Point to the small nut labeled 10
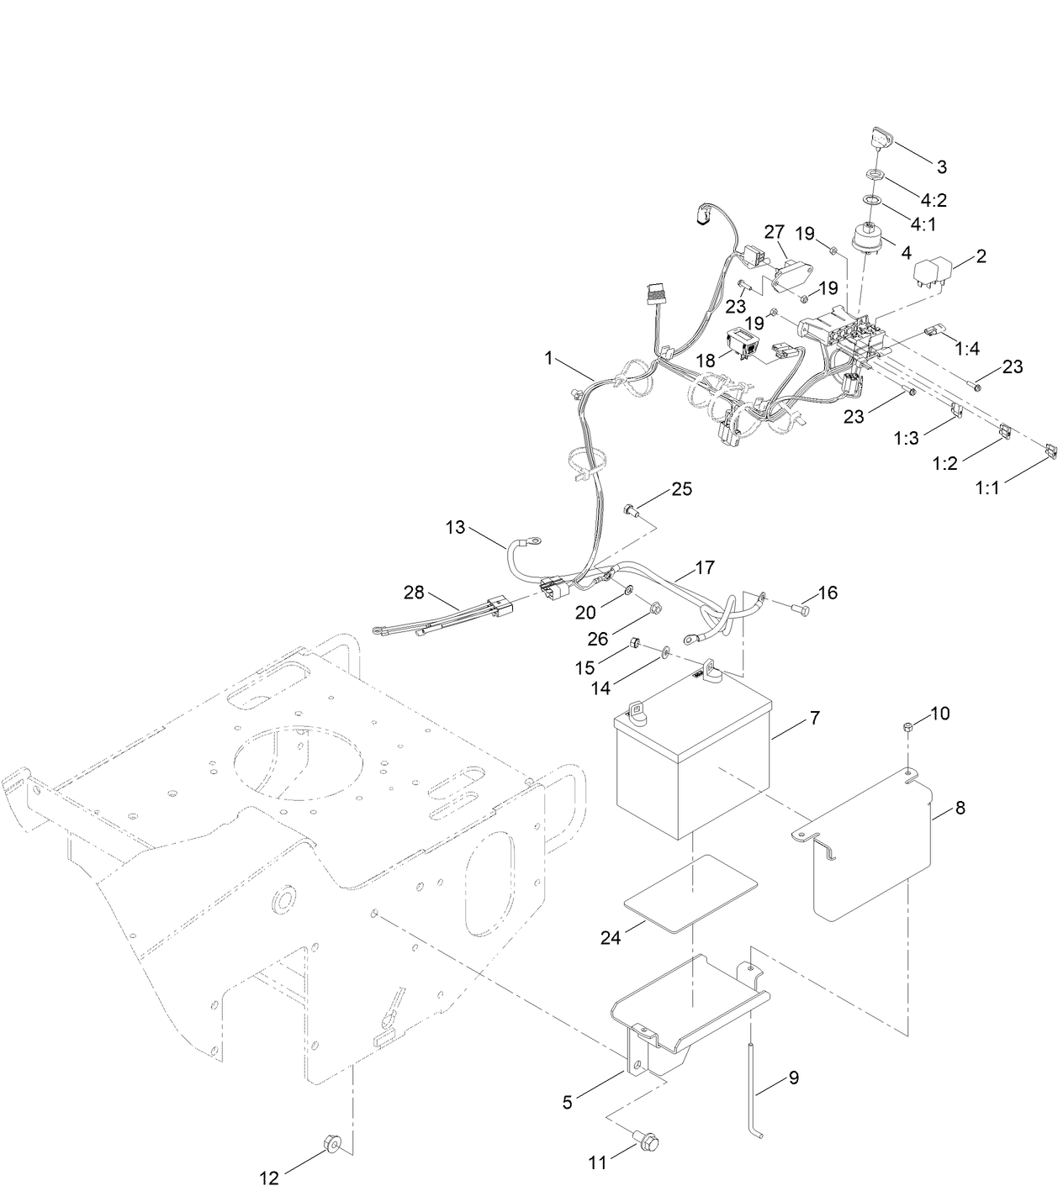(908, 726)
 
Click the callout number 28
(414, 593)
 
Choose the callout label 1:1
(987, 487)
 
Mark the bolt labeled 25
(630, 509)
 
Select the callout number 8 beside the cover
(960, 809)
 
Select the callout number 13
(455, 527)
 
